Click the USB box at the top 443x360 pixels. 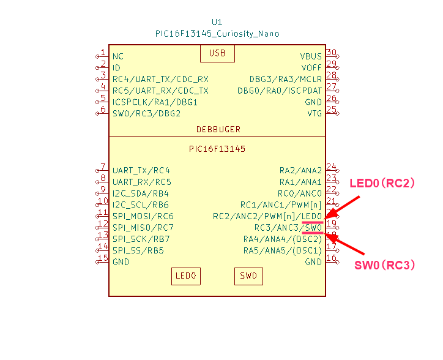217,53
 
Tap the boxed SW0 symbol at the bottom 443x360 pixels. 248,277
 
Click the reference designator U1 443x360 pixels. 217,22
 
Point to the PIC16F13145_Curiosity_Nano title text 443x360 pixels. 217,34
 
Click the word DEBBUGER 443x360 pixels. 218,130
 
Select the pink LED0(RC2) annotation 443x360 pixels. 382,183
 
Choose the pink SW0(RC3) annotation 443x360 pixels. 385,265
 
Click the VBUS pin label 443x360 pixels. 311,56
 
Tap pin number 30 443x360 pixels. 331,53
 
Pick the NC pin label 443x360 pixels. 118,56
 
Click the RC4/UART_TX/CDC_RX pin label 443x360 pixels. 160,79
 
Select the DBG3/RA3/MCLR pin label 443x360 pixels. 285,79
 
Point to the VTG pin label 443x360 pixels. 315,113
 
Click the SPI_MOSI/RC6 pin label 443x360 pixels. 143,216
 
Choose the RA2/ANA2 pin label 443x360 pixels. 300,170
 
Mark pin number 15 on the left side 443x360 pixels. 103,258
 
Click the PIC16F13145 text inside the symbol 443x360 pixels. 217,149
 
